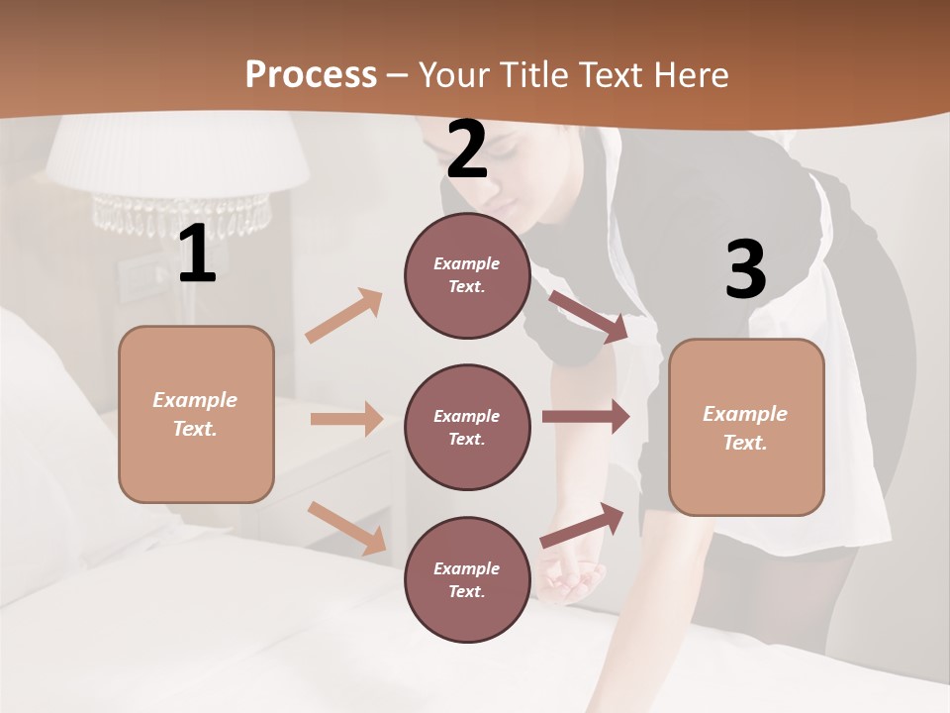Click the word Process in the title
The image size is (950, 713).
311,74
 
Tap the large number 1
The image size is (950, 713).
197,254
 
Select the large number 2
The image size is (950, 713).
467,150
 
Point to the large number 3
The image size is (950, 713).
745,269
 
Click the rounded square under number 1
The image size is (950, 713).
196,414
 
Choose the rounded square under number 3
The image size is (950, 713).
746,427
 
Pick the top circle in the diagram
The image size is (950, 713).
467,275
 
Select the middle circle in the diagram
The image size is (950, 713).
467,427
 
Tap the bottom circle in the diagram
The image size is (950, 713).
467,579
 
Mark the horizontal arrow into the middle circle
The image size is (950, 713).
346,419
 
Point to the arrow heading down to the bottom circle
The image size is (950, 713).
346,528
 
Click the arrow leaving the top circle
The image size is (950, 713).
589,316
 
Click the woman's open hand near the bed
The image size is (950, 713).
572,579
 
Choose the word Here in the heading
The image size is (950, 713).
692,74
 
